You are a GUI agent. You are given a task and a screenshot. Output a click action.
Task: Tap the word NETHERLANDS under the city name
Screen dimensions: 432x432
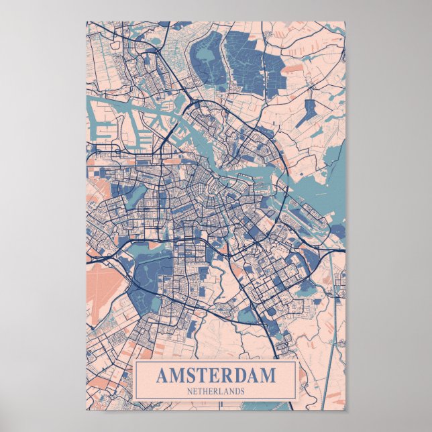(216, 390)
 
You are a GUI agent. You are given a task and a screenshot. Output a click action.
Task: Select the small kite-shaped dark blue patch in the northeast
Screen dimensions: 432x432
(309, 111)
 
